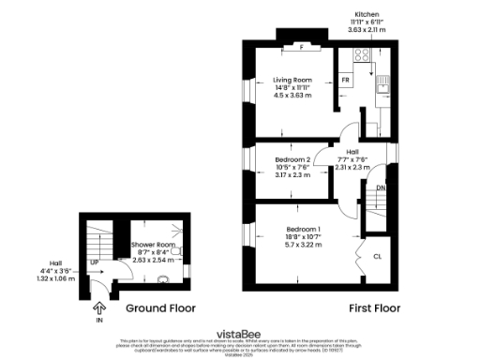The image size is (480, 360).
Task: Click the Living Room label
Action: coord(292,80)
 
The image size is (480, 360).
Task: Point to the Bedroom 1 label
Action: coord(303,230)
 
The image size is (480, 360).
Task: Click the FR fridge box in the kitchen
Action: coord(346,81)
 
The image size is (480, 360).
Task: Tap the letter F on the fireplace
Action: coord(301,47)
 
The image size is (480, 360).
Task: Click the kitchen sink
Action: coord(382,89)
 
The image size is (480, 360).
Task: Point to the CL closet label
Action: coord(378,255)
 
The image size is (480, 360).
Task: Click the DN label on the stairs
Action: coord(381,188)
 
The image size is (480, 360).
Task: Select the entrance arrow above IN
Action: coord(98,306)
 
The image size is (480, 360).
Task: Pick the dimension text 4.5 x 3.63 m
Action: coord(292,96)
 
